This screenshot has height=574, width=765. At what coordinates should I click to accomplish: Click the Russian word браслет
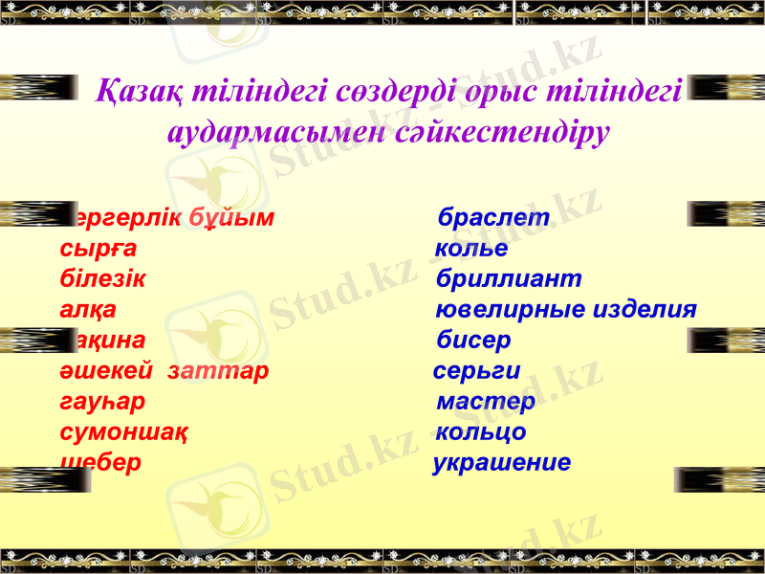[x=493, y=218]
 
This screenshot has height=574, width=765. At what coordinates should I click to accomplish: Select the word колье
[x=471, y=249]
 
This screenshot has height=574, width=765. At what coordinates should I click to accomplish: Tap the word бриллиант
[x=509, y=279]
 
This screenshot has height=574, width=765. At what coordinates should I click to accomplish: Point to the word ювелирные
[x=509, y=310]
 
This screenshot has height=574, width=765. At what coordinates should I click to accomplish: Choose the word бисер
[x=473, y=341]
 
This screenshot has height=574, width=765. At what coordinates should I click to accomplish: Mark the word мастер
[x=486, y=402]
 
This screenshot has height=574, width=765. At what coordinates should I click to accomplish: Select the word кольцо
[x=481, y=432]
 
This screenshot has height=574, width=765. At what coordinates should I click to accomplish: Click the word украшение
[x=502, y=463]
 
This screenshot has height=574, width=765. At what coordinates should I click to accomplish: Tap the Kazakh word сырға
[x=98, y=249]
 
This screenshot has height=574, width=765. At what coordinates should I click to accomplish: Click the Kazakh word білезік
[x=102, y=279]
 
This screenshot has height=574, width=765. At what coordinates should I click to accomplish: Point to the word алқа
[x=88, y=310]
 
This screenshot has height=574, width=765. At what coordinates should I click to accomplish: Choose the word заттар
[x=217, y=371]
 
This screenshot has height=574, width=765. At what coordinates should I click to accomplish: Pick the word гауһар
[x=102, y=402]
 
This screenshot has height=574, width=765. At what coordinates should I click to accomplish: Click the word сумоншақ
[x=122, y=432]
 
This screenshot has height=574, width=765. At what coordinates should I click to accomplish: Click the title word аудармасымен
[x=277, y=131]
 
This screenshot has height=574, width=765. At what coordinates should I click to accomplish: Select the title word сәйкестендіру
[x=503, y=131]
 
